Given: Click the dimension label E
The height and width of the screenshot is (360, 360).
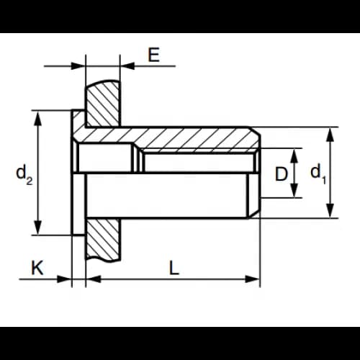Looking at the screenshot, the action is tap(154, 55).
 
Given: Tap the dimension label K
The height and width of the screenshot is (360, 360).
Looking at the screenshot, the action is tap(37, 268).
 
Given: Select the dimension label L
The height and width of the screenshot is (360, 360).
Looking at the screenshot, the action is tap(174, 268).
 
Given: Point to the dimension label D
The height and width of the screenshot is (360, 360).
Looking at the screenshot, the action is tap(281, 174).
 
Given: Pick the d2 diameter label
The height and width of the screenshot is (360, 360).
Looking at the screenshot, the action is tap(24, 174).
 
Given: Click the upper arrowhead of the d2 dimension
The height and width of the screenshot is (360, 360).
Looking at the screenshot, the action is tap(37, 118).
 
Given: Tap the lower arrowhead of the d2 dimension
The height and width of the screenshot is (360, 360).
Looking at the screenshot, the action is tap(37, 228).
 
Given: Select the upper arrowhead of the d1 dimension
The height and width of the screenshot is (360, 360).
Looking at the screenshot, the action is tap(330, 135).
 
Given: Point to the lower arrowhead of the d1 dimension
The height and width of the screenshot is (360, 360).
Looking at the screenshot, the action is tap(330, 211).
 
